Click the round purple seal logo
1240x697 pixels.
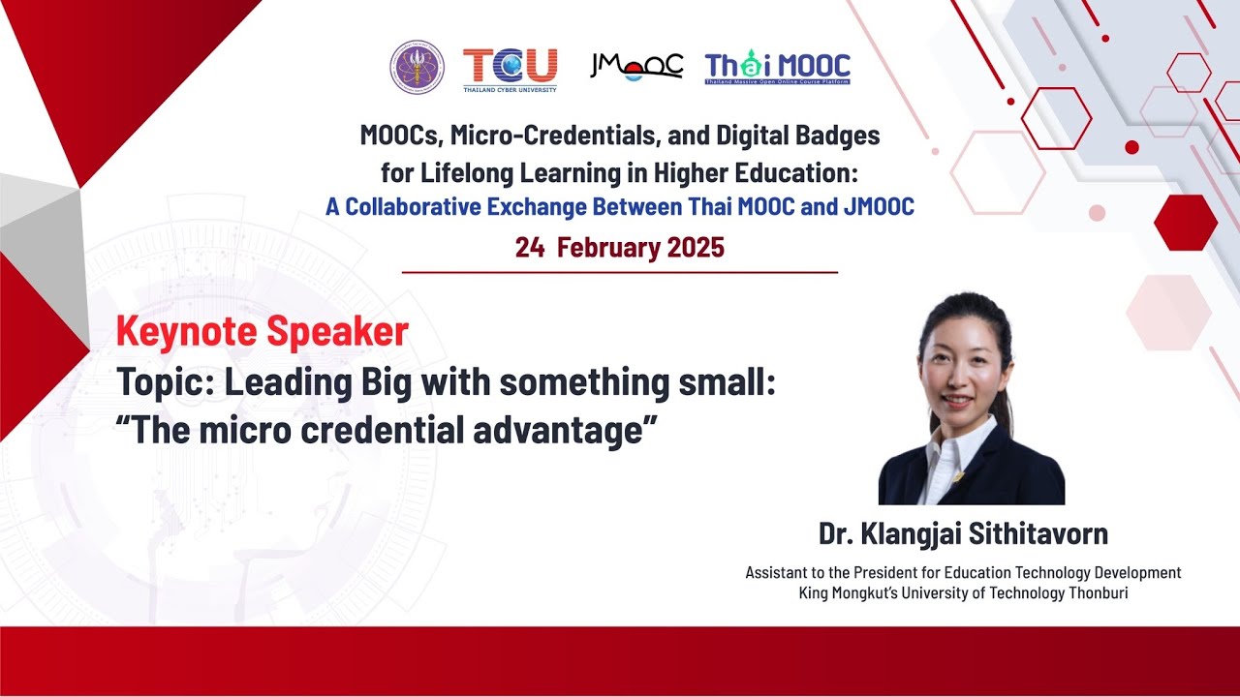point(417,67)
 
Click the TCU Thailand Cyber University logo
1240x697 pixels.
point(510,68)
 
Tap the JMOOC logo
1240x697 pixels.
point(636,66)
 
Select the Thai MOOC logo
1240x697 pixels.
point(777,68)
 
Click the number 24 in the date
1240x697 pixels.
point(529,248)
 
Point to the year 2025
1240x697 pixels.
point(695,248)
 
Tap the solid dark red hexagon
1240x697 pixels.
point(1185,223)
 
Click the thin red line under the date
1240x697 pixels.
point(620,273)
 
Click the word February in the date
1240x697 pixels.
point(608,248)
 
